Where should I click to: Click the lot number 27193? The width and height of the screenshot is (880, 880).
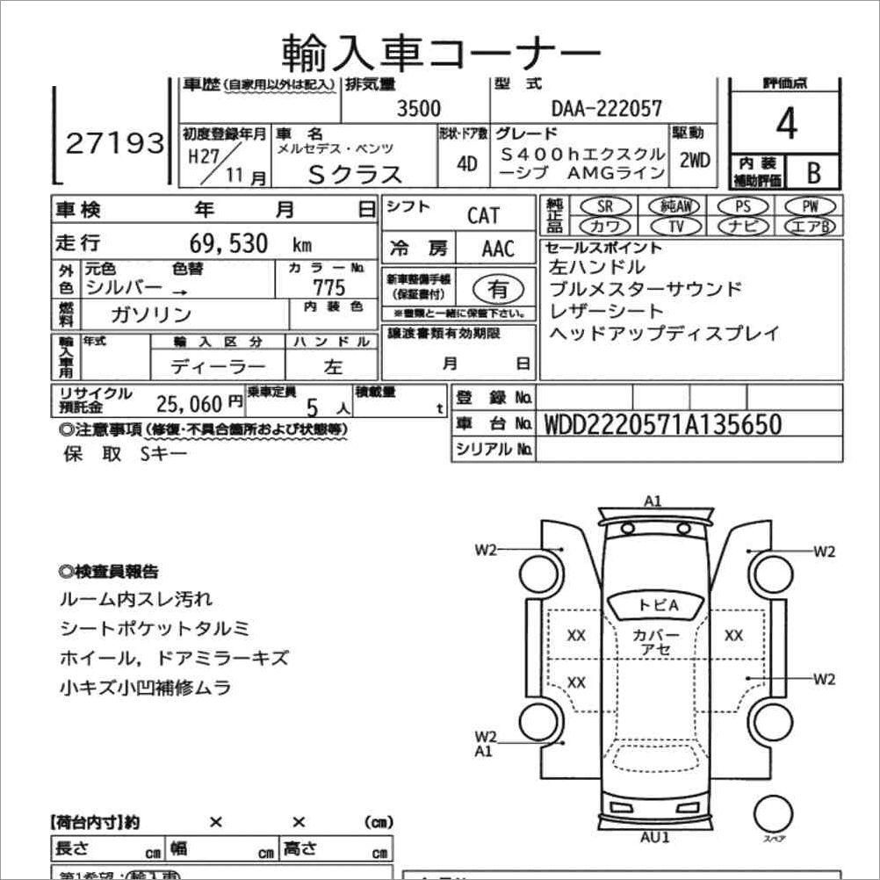(115, 142)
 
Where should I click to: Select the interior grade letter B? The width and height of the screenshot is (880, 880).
(812, 173)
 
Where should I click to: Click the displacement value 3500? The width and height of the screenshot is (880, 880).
(419, 109)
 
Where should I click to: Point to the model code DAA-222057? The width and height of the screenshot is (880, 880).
(607, 109)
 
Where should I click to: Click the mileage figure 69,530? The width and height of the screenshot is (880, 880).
(228, 243)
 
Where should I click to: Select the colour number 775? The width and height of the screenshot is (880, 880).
(328, 287)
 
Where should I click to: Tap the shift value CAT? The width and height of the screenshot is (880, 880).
(483, 216)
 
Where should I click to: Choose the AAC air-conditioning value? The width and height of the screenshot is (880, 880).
(498, 249)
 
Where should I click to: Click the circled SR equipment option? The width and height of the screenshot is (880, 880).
(604, 206)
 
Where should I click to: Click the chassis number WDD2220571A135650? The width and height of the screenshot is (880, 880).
(663, 424)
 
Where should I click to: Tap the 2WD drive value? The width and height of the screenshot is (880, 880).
(694, 161)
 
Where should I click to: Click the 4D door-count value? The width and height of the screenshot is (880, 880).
(467, 163)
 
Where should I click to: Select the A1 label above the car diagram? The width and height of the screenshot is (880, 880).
(653, 501)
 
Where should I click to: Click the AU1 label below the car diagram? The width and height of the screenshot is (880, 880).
(655, 837)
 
